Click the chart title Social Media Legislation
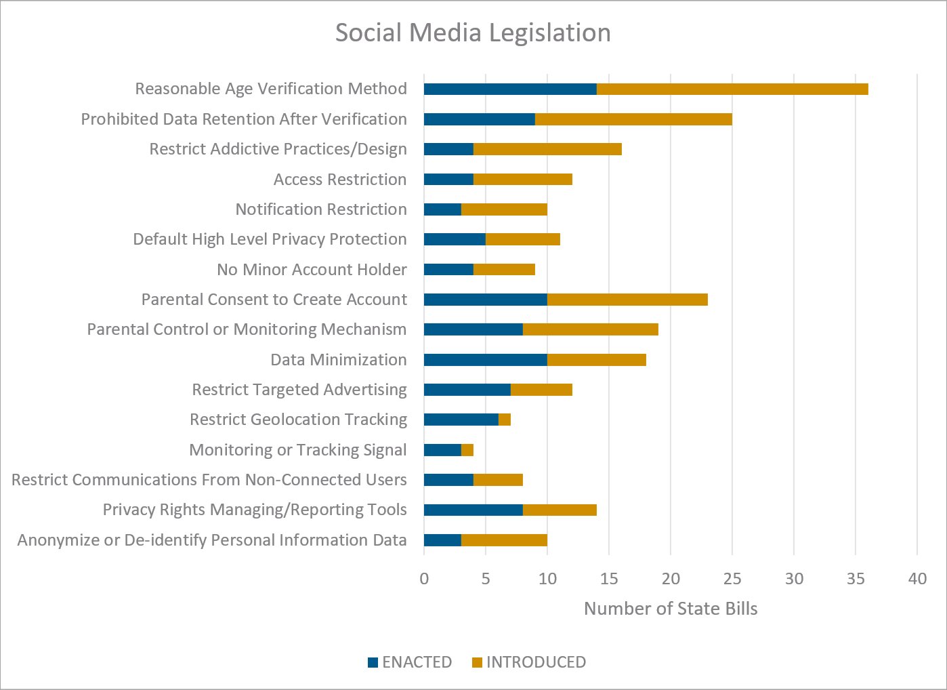click(473, 33)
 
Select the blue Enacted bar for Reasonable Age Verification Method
click(510, 89)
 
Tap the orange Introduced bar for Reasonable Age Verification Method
click(732, 89)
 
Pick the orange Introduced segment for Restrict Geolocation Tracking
click(505, 420)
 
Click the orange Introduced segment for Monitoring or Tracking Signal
click(467, 450)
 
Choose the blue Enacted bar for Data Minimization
click(485, 360)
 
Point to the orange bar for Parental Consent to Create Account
click(627, 300)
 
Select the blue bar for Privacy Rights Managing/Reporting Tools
click(473, 510)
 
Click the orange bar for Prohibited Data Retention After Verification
click(633, 119)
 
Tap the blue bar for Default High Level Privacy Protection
click(455, 239)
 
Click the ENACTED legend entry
click(410, 662)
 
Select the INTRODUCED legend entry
click(529, 662)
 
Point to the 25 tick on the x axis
click(732, 579)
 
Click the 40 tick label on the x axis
click(917, 579)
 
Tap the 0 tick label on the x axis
click(424, 579)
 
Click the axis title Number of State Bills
click(670, 609)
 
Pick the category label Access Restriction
click(340, 180)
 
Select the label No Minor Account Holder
click(312, 270)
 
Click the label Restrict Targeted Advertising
click(299, 390)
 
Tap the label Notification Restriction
click(321, 209)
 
